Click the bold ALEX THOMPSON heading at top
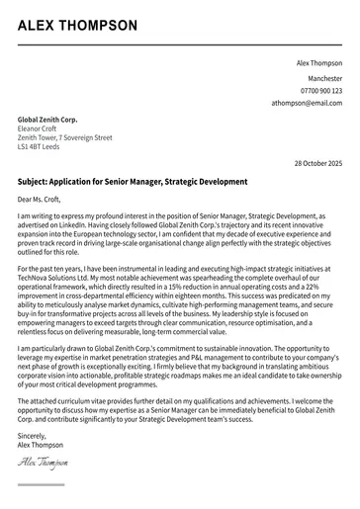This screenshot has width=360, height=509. [x=77, y=26]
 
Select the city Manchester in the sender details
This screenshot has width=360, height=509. [x=324, y=77]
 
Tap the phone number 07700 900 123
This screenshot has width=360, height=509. [x=319, y=90]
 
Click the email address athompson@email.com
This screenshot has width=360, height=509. [x=308, y=103]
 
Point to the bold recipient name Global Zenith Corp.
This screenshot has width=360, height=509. [x=47, y=119]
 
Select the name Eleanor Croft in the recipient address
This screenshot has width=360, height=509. [x=40, y=128]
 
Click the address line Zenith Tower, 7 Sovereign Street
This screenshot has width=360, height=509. [x=65, y=138]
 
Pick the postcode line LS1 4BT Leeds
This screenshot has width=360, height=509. [x=39, y=148]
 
